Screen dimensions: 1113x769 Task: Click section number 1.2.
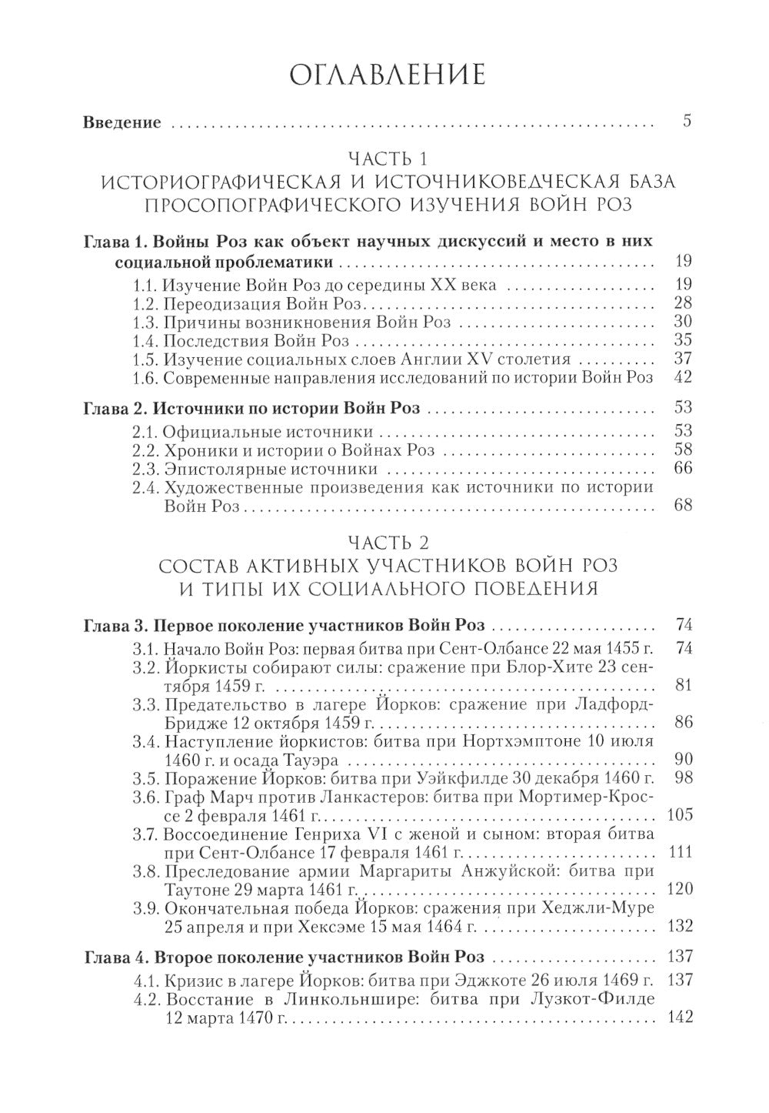coord(147,302)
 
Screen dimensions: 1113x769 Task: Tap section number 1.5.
coord(147,359)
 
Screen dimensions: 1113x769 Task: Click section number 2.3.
coord(147,468)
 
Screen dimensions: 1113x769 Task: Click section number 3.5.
coord(147,778)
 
